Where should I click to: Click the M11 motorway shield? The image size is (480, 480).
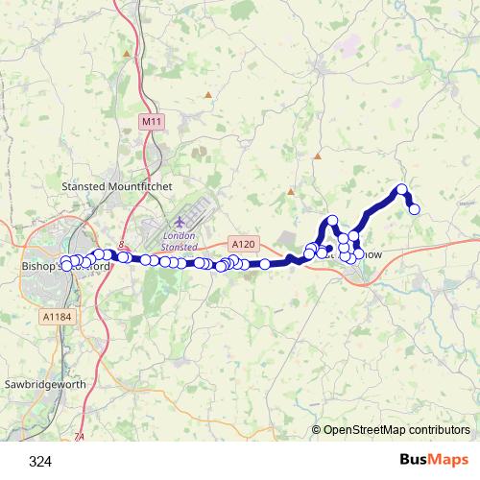[x=151, y=122]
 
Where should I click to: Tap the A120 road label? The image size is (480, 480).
[x=242, y=245]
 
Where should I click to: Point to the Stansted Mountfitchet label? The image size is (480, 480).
[x=109, y=185]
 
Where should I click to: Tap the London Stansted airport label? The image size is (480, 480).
[x=180, y=241]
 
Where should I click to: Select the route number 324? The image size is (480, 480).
[x=40, y=462]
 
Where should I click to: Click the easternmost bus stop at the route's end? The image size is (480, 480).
[x=415, y=209]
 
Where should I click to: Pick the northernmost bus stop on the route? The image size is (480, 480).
[x=402, y=189]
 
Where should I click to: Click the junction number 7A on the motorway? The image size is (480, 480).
[x=80, y=438]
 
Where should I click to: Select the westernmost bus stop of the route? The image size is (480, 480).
[x=64, y=262]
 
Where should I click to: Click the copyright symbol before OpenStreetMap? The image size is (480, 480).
[x=318, y=431]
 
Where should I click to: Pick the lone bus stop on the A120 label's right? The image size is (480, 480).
[x=264, y=264]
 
